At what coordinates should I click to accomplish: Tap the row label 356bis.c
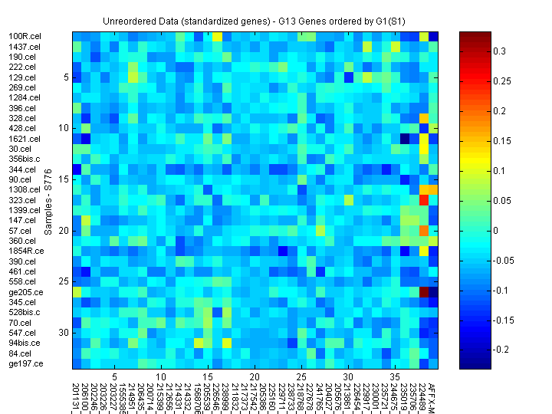pyautogui.click(x=24, y=159)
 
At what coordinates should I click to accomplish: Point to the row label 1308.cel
pyautogui.click(x=24, y=189)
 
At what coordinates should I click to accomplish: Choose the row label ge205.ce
pyautogui.click(x=25, y=292)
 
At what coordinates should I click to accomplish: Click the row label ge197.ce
pyautogui.click(x=25, y=363)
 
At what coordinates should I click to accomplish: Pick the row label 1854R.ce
pyautogui.click(x=25, y=251)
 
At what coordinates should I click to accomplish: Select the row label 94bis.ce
pyautogui.click(x=25, y=343)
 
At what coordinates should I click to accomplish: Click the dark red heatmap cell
pyautogui.click(x=424, y=291)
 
